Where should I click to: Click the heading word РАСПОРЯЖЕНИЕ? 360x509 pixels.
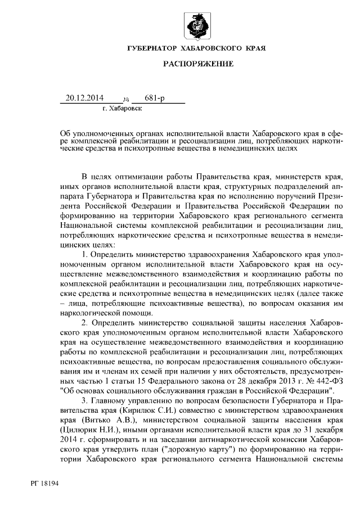coord(198,65)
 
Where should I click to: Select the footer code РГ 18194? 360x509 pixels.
coord(46,483)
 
